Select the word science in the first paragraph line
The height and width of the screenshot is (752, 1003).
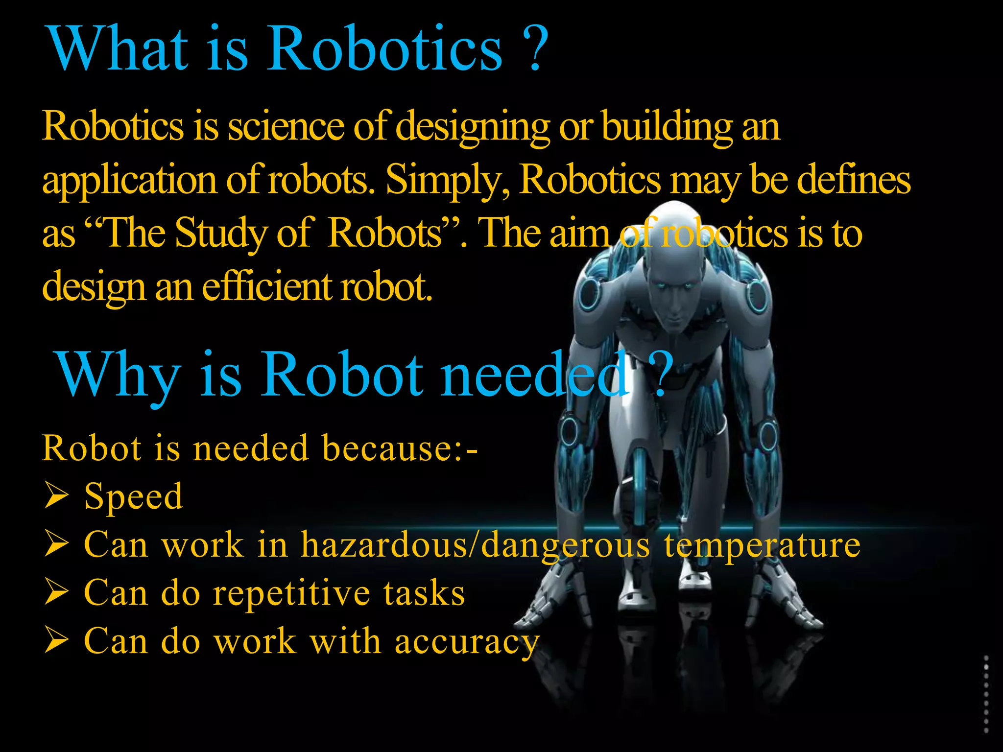click(287, 127)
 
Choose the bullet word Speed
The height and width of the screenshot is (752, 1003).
click(133, 497)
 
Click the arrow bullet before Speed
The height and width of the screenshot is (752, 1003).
click(56, 495)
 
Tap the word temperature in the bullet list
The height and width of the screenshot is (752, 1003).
click(762, 545)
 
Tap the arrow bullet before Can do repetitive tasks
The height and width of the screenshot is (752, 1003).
click(56, 591)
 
